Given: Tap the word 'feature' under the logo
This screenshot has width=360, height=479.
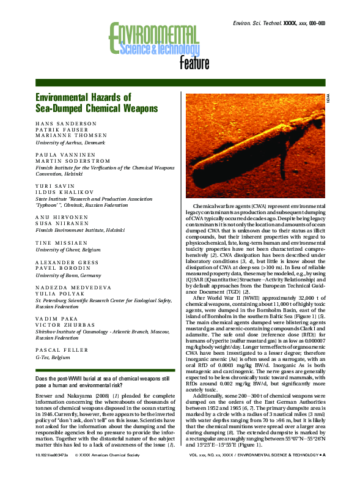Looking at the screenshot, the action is coord(194,64).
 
